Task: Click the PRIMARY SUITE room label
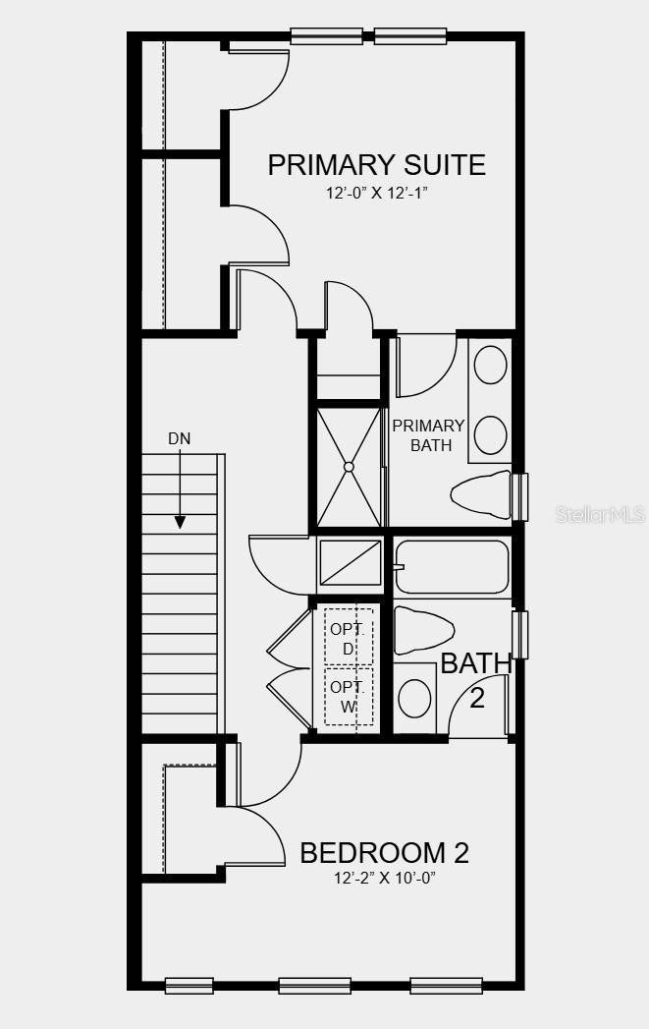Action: [376, 165]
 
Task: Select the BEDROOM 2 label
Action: [384, 853]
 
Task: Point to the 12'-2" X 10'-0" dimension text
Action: [385, 878]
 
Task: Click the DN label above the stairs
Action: [180, 439]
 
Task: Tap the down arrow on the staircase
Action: [180, 489]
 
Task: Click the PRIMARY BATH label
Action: [429, 435]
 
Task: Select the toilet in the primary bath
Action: [481, 494]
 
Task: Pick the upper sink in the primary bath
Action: [490, 365]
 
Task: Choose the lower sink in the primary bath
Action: [490, 435]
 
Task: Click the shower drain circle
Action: [349, 467]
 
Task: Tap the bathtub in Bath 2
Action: [453, 567]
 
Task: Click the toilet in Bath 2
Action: [424, 631]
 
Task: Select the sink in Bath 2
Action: [415, 698]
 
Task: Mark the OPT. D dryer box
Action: [349, 637]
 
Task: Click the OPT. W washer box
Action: [349, 696]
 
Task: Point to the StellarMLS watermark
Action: [601, 514]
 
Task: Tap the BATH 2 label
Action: [476, 680]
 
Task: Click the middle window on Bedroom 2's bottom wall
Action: [314, 986]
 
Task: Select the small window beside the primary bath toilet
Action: [519, 496]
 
